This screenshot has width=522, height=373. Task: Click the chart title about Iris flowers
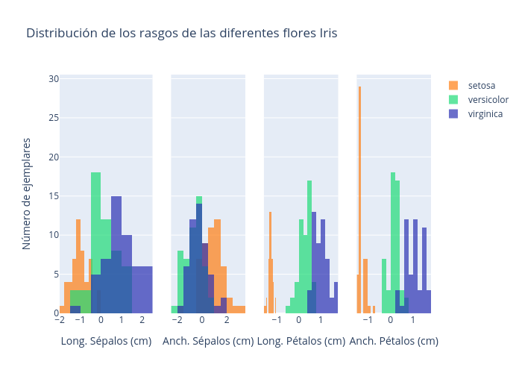pos(181,34)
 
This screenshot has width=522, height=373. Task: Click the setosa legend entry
pos(481,85)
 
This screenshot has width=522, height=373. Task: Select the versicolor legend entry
pos(488,99)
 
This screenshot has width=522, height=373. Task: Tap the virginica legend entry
pos(485,113)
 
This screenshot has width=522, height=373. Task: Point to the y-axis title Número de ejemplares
pos(27,193)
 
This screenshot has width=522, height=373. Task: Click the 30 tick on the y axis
pos(54,78)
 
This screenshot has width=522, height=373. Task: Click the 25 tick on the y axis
pos(54,118)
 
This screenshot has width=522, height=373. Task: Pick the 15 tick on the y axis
pos(54,195)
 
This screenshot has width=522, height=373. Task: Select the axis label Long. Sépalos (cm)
pos(106,341)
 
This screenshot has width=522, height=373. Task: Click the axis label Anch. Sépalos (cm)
pos(208,341)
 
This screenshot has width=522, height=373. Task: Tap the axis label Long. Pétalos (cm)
pos(301,341)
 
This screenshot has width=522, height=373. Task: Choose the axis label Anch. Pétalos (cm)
pos(394,341)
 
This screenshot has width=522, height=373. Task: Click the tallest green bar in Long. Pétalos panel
pos(309,246)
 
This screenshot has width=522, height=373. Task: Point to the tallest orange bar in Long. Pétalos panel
pos(270,261)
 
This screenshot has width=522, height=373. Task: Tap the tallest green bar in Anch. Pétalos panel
pos(393,242)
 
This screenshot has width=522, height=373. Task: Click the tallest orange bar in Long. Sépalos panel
pos(78,266)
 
